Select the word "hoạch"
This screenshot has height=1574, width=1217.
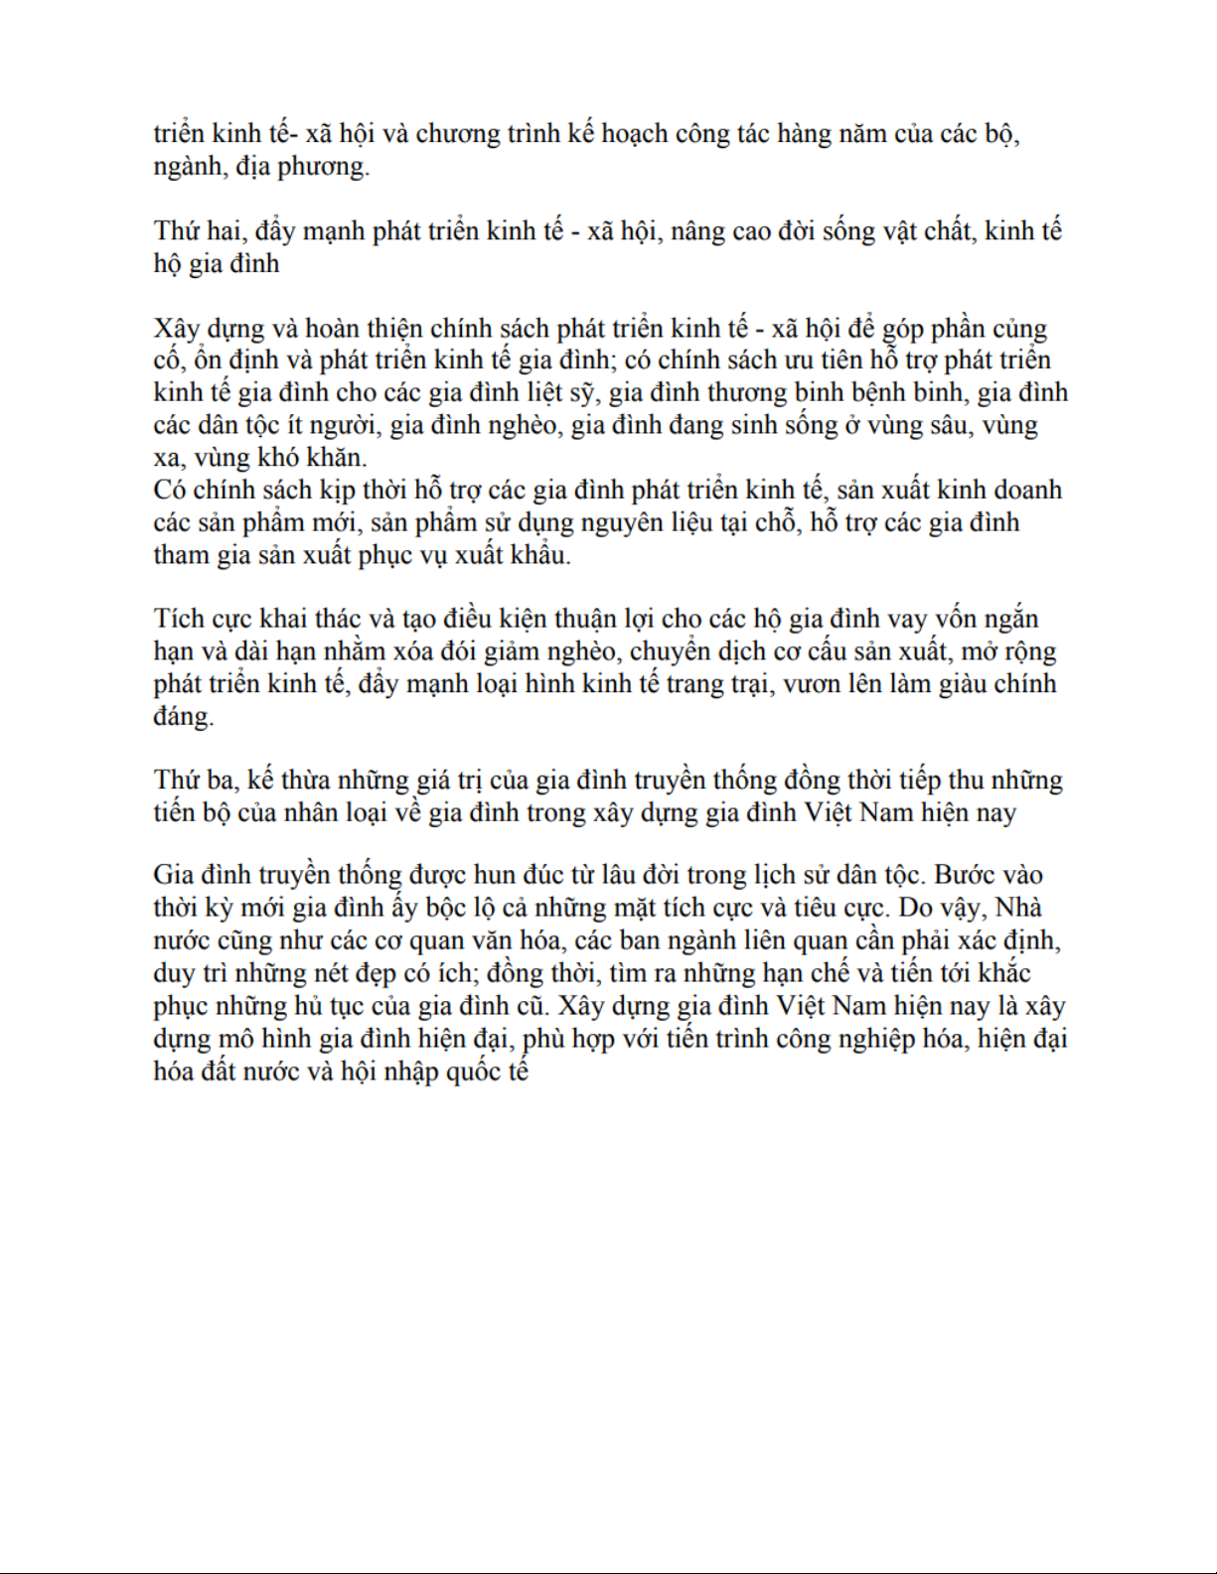click(632, 134)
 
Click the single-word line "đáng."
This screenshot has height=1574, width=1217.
click(184, 717)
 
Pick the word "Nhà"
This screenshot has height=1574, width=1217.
click(1017, 909)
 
